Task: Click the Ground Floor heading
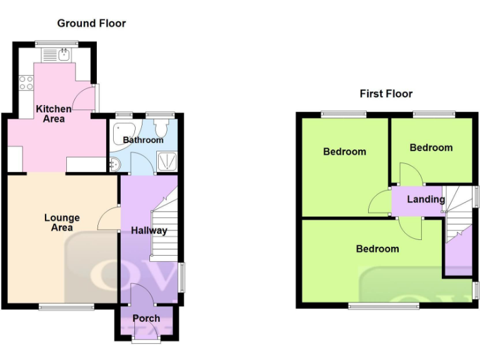(91, 23)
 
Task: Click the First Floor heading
(386, 94)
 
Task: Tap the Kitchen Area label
(53, 114)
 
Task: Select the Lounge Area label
(62, 222)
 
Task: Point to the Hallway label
(149, 231)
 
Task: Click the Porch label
(146, 318)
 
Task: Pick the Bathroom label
(142, 140)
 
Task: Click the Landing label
(426, 199)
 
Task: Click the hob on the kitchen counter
(26, 82)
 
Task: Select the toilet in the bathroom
(162, 129)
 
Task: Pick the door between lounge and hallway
(110, 219)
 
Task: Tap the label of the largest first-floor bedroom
(377, 249)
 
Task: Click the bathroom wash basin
(114, 164)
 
